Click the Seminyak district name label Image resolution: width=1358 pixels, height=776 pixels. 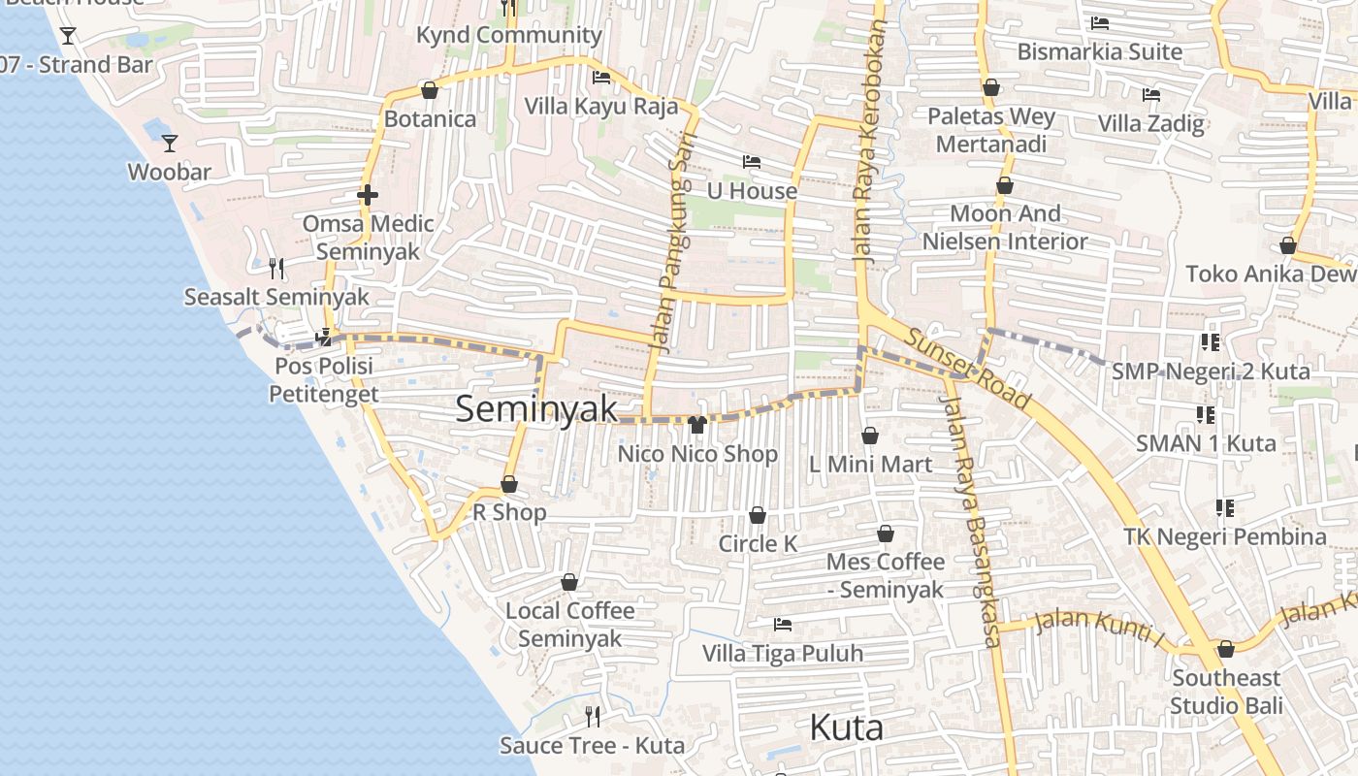point(536,409)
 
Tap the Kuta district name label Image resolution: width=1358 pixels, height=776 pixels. point(846,727)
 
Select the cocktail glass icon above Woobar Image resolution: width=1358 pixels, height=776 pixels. point(170,144)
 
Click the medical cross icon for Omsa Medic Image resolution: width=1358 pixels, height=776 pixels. point(367,195)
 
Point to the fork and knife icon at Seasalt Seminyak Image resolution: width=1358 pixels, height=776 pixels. point(276,268)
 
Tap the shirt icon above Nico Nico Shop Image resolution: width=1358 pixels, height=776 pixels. point(696,424)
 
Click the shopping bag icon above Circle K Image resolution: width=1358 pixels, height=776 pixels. point(758,515)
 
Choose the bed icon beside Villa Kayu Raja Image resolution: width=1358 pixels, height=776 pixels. point(601,78)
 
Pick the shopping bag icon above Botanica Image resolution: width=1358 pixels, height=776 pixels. point(430,90)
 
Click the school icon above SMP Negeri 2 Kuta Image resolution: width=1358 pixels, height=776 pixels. point(1210,342)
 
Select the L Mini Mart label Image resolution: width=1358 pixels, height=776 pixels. point(870,465)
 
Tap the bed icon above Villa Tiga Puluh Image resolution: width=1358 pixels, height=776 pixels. point(783,625)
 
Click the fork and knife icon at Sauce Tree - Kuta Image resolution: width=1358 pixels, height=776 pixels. point(592,717)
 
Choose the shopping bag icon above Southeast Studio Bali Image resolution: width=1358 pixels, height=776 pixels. point(1226,649)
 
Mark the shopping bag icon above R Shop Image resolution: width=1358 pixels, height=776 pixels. point(509,484)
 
